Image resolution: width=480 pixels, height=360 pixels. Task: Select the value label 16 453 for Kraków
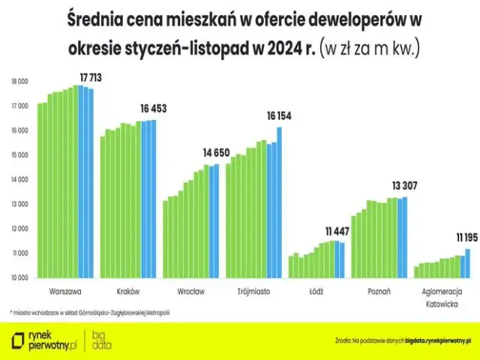pos(154,109)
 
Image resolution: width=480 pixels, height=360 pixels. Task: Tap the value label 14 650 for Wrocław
pos(217,152)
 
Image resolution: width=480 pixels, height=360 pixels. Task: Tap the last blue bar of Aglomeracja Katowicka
pos(468,263)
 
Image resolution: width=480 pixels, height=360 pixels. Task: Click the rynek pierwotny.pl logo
pos(45,340)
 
